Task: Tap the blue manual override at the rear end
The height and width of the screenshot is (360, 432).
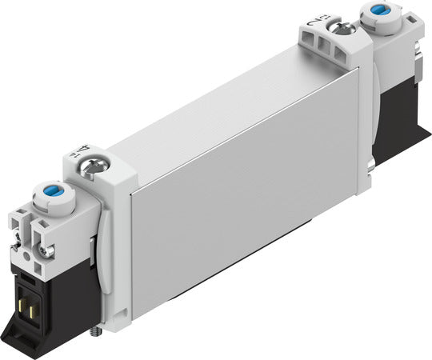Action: point(376,12)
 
